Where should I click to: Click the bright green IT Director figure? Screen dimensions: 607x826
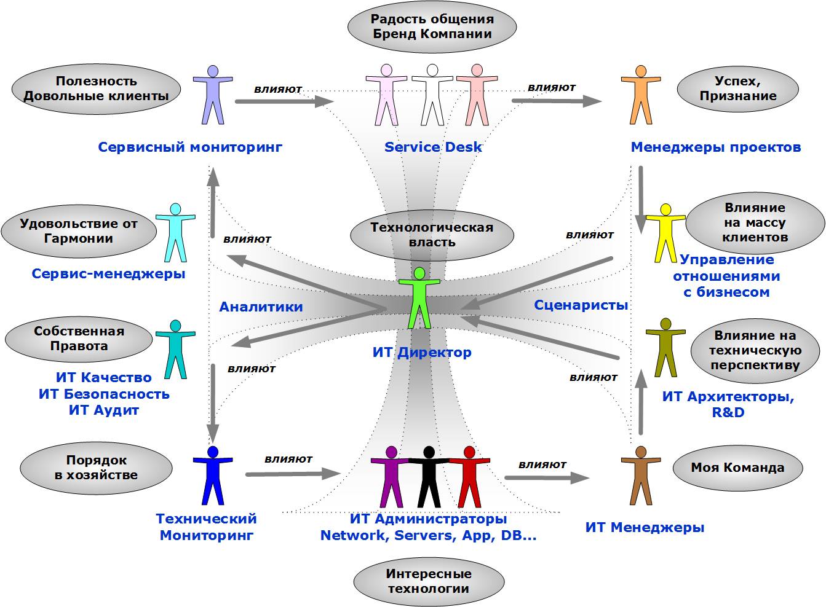(419, 298)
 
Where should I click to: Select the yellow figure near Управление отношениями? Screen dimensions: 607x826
(665, 230)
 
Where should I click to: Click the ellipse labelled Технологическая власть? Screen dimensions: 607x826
(431, 235)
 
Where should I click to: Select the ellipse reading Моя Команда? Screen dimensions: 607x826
(737, 468)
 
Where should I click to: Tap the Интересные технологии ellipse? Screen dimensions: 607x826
(429, 581)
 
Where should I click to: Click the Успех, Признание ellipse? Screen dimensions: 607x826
(737, 88)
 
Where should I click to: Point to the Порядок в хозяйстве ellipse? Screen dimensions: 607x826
(96, 468)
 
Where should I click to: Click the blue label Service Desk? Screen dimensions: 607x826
(433, 147)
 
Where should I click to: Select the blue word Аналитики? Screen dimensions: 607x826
(261, 307)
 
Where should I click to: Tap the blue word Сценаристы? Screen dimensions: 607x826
(581, 305)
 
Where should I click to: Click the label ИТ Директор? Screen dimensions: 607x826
(422, 353)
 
